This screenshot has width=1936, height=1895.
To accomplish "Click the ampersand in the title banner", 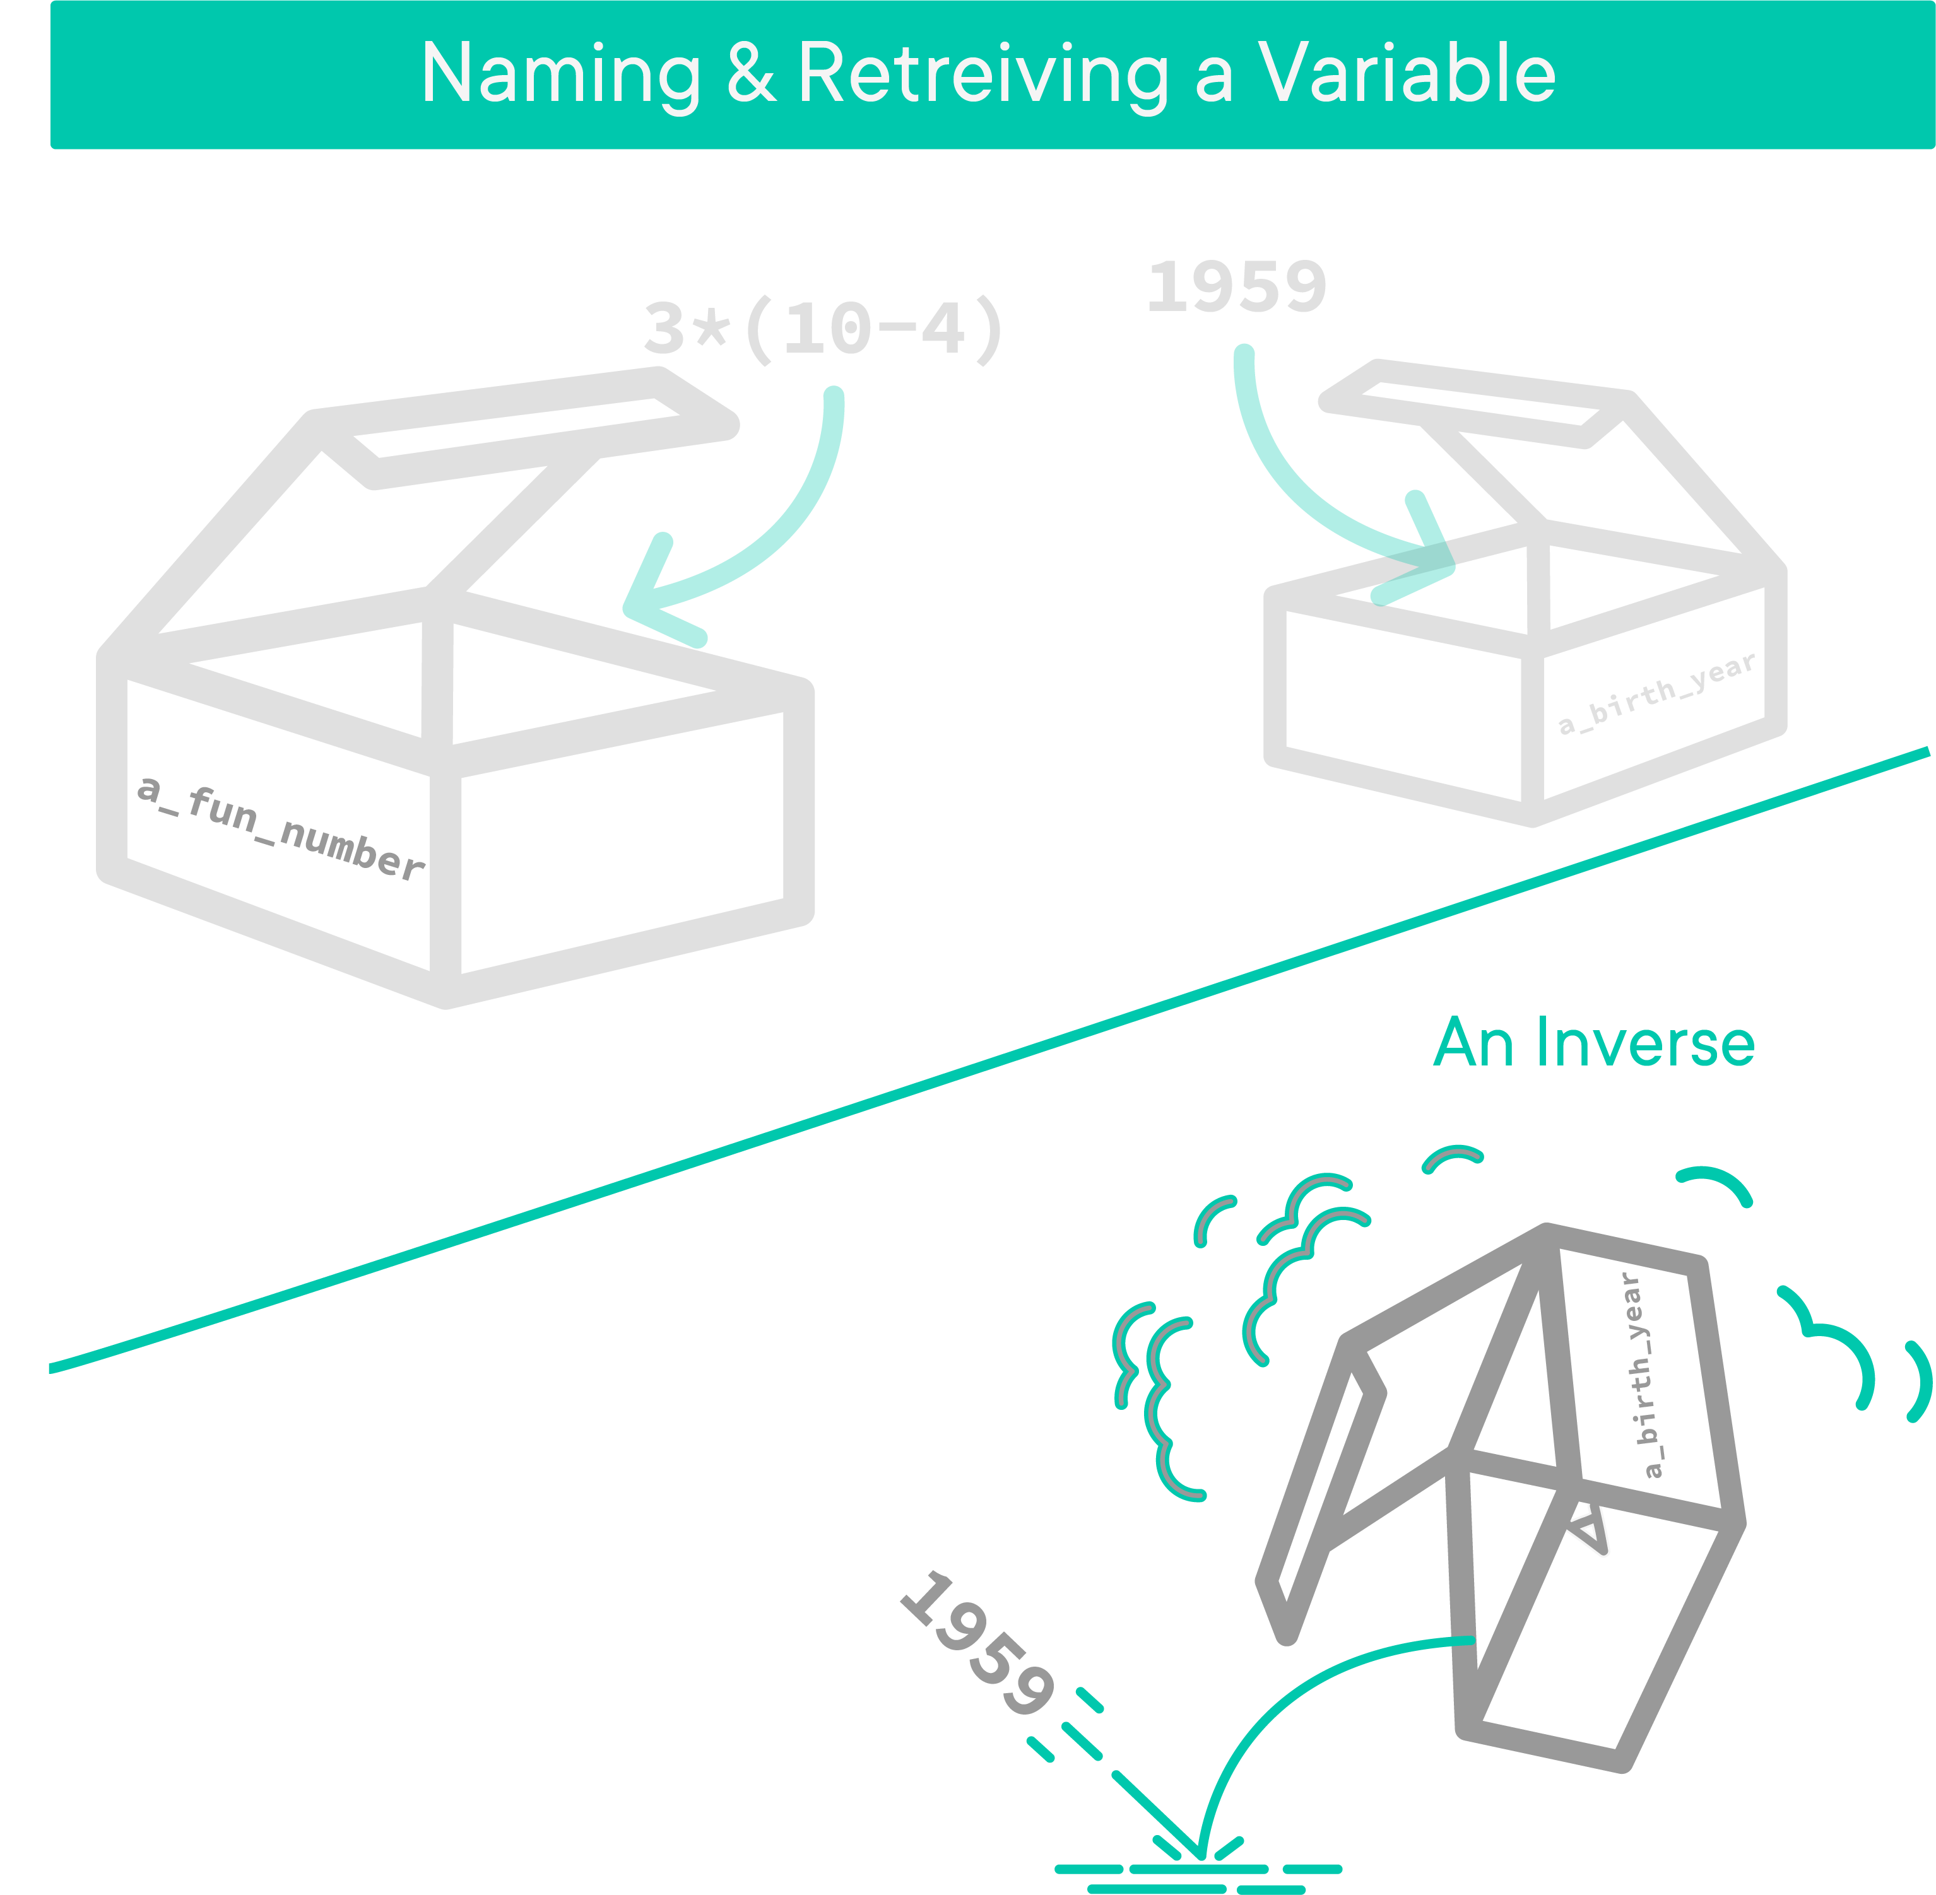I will [752, 74].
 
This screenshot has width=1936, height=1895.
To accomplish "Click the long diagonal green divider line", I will [986, 1060].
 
